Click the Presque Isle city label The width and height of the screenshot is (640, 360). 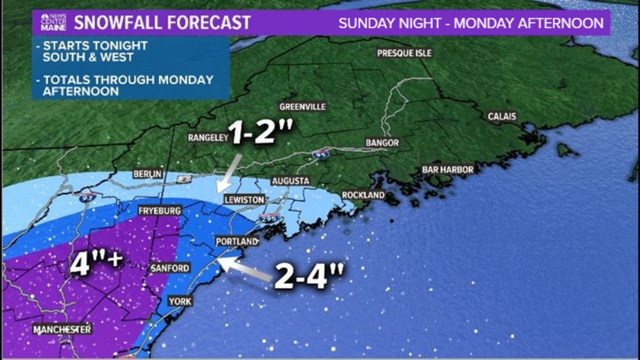point(404,53)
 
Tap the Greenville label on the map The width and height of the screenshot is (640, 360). point(303,107)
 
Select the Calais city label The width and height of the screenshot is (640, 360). point(502,116)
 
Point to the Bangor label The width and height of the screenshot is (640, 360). point(382,143)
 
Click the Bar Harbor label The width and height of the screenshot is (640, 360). point(448,169)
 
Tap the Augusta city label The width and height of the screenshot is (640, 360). point(290,181)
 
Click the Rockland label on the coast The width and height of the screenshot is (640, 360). point(364,195)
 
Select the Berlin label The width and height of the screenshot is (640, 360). point(148,174)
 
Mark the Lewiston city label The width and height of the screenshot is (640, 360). point(244,200)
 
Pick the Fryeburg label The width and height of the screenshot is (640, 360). point(160,211)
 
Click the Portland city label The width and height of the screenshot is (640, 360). point(237,241)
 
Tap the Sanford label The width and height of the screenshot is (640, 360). point(170,268)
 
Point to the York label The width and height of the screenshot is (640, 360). point(180,302)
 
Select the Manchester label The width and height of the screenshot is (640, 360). point(62,329)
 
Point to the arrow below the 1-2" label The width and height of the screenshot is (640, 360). point(229,174)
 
